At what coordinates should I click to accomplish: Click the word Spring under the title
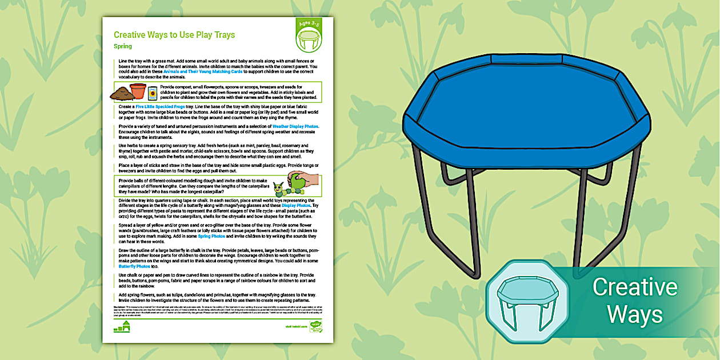123,46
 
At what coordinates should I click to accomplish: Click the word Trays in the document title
222,35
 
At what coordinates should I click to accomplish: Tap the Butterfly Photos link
135,266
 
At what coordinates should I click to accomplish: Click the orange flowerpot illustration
138,91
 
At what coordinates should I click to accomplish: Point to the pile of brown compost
122,94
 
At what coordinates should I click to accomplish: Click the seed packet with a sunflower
153,93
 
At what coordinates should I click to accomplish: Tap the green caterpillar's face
279,187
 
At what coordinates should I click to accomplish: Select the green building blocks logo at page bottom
122,327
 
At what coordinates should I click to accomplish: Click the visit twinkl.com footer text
296,327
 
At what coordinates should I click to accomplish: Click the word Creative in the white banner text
634,287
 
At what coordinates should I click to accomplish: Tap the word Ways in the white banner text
634,314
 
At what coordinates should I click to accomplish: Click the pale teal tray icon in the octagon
526,302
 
